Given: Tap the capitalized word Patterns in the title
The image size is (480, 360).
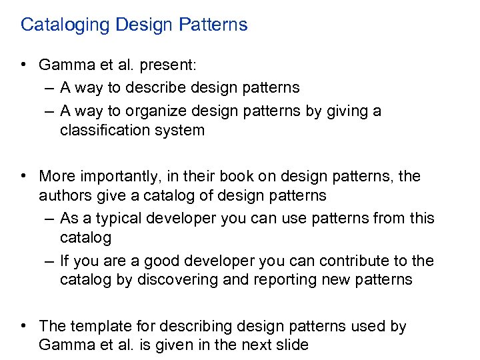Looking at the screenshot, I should tap(213, 25).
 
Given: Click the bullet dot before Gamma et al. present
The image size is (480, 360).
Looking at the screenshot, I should tap(23, 65).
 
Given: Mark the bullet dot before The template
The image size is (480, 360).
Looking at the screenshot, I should tap(23, 326).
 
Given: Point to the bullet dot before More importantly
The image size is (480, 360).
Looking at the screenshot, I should tap(23, 176).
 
